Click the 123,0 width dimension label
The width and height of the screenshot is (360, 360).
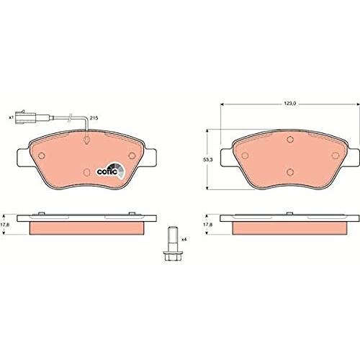point(290,104)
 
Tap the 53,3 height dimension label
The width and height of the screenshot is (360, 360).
point(207,159)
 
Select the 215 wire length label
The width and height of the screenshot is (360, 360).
point(94,118)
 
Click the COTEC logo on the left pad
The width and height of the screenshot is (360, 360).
point(111,171)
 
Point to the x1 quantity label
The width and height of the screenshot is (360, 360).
point(11,117)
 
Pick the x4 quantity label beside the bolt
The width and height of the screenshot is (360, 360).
point(184,239)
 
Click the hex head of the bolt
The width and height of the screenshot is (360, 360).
point(171,256)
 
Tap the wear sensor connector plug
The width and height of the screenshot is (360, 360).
point(24,117)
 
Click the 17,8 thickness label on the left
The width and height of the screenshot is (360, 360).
point(5,225)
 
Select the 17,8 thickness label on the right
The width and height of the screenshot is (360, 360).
point(207,225)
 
